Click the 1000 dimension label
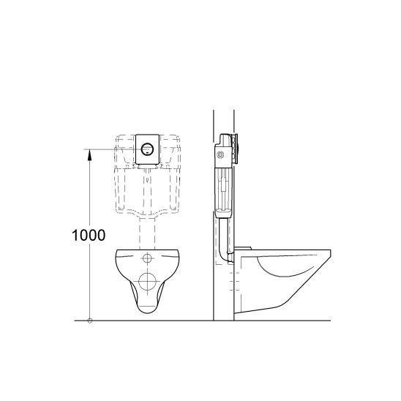[x=89, y=236]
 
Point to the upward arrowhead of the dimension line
[x=89, y=151]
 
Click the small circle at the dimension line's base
[x=89, y=321]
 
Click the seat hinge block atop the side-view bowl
[x=244, y=250]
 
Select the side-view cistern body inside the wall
[x=224, y=179]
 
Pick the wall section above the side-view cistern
[x=224, y=121]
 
